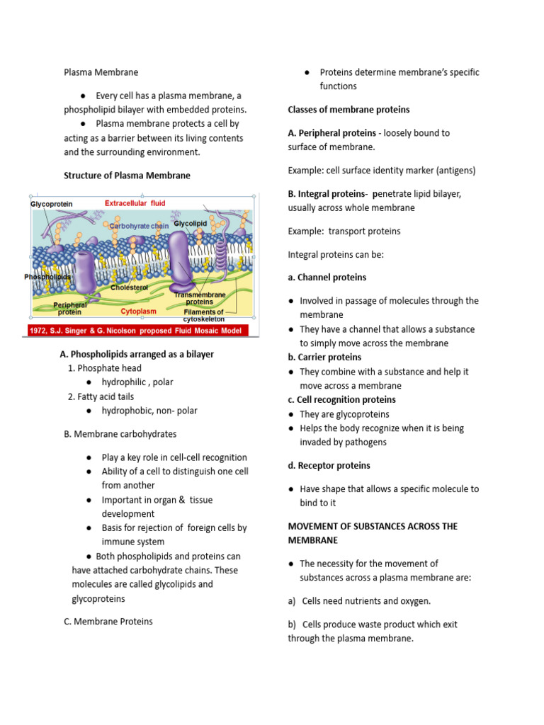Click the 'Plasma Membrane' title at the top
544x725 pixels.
101,72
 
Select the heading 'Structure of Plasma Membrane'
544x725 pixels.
127,176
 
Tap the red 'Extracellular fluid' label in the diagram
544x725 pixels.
135,203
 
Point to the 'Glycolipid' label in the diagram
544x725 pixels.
189,224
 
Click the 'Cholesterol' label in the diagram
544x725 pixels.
129,287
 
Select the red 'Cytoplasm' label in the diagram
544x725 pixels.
138,311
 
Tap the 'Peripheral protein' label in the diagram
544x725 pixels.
69,309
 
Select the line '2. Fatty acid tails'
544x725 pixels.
101,396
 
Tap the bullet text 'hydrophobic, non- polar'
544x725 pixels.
149,411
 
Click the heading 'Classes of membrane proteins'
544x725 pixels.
348,110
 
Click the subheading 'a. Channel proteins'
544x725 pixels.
327,278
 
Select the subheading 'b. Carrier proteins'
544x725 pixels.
324,358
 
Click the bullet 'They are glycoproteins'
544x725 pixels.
344,414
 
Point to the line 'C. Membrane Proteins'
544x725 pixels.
108,622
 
